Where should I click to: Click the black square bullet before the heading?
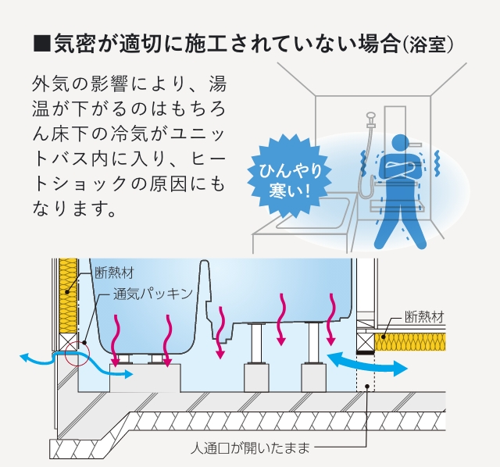click(x=40, y=45)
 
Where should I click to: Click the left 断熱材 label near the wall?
click(x=113, y=273)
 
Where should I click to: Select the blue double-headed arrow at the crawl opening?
click(x=366, y=362)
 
